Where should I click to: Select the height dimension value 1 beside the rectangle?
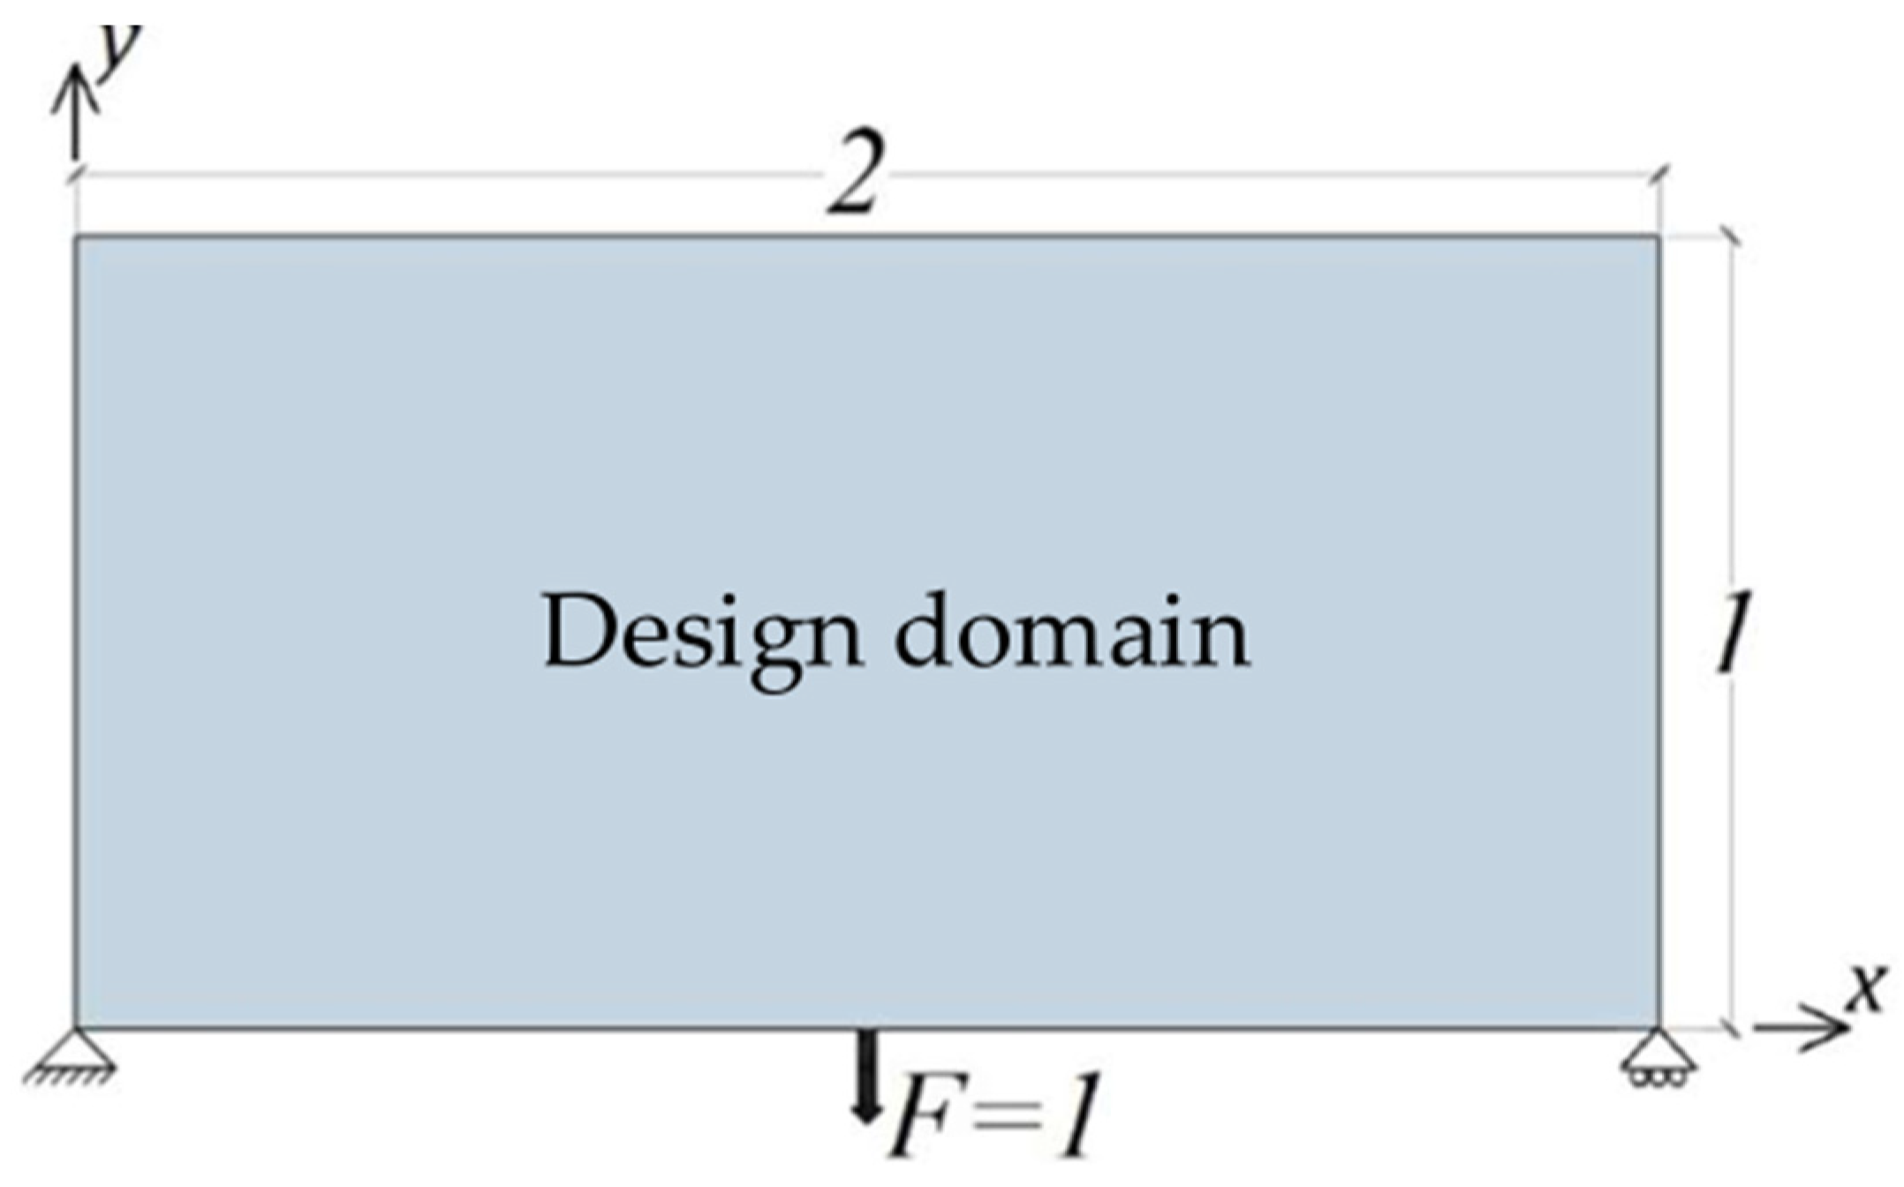(1734, 630)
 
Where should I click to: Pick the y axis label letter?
(120, 49)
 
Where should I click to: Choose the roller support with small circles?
(1658, 1054)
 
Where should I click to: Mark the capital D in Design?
(578, 632)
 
